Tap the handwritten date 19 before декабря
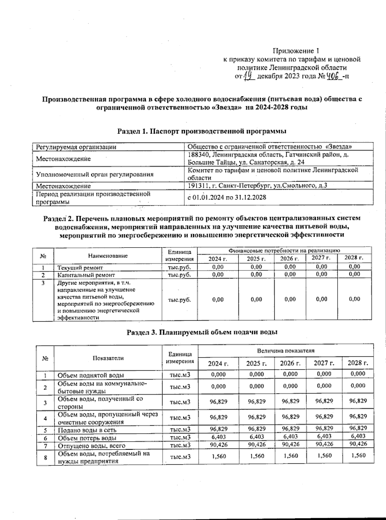[x=249, y=76]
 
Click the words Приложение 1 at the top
[x=296, y=51]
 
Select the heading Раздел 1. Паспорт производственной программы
[x=202, y=131]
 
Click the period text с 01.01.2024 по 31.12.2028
[x=227, y=197]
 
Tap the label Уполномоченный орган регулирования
[x=95, y=175]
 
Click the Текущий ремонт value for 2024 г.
[x=218, y=267]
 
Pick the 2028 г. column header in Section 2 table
[x=354, y=258]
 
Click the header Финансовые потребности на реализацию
[x=284, y=250]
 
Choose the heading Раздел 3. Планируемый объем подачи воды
[x=202, y=332]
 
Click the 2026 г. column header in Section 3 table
[x=290, y=363]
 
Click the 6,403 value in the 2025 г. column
[x=257, y=437]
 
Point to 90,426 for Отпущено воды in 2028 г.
[x=358, y=444]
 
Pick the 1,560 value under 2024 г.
[x=218, y=456]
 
